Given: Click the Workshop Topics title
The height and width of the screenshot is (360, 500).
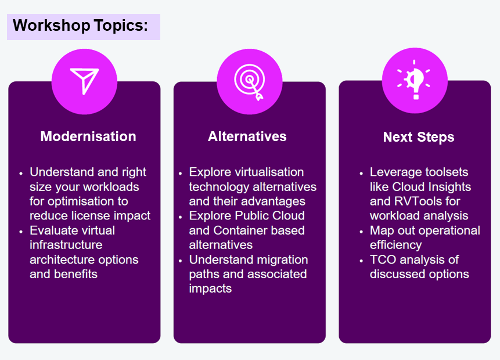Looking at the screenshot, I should pos(80,26).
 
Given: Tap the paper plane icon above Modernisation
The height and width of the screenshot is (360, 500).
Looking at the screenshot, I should pos(84,81).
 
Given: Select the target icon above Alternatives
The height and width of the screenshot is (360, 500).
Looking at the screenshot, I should pos(249,81).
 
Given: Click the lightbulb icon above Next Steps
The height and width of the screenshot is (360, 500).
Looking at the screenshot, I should pos(414,80).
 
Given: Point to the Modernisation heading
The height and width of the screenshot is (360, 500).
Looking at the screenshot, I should pos(88,136).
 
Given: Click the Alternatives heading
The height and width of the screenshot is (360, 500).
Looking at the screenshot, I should pos(247,136).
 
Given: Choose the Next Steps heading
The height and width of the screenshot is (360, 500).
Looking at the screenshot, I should pos(419,137).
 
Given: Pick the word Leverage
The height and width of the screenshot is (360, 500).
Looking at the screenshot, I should pos(396,172).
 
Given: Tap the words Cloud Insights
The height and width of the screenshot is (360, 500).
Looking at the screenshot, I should pos(431,187).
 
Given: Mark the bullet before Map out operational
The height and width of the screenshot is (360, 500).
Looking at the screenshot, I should pos(361,231).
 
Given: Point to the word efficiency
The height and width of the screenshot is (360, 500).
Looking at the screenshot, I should pos(395,245).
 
